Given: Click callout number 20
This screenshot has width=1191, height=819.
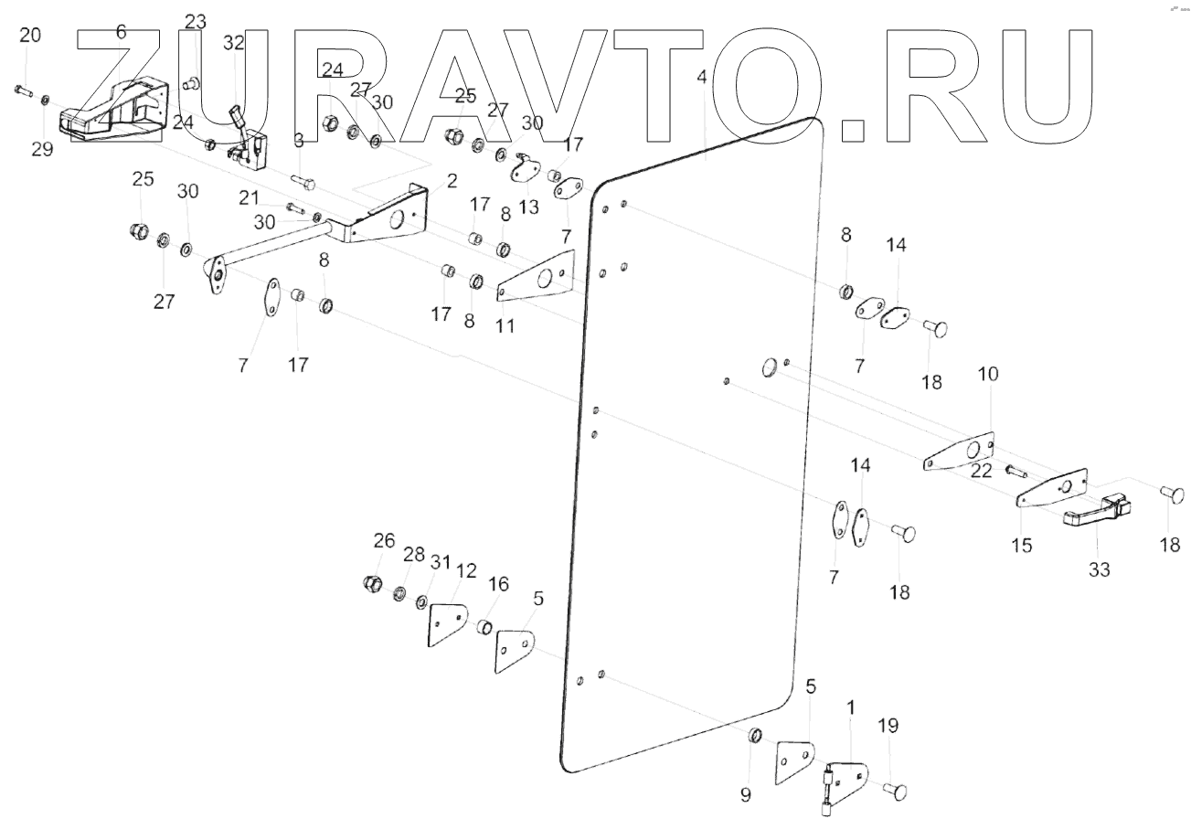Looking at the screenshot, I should tap(30, 36).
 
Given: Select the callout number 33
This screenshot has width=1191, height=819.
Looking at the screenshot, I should tap(1099, 569).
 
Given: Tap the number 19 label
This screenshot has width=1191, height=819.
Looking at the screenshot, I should tap(888, 726).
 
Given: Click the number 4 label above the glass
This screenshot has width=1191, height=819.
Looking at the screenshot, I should tap(701, 78).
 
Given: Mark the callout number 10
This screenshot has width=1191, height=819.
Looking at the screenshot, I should tap(988, 374).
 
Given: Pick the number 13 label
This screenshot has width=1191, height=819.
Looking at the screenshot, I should tap(529, 207).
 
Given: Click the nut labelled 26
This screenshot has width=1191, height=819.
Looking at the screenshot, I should tap(374, 582).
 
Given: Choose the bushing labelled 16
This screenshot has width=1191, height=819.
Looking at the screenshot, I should tap(485, 628).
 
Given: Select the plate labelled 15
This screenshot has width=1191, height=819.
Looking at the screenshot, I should tap(1051, 491).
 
